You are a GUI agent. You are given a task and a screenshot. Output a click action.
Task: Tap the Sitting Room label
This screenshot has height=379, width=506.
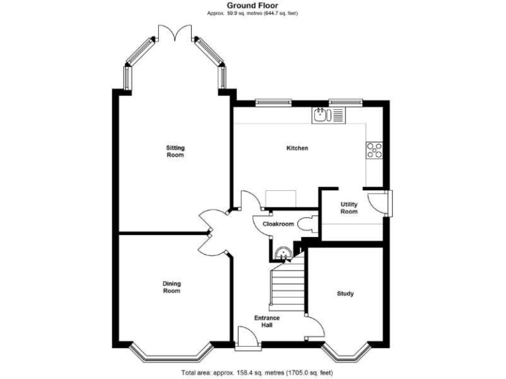[175, 151]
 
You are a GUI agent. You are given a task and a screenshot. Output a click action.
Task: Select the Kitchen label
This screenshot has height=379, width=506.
[296, 148]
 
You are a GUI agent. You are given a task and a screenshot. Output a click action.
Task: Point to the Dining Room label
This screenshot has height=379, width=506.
[171, 287]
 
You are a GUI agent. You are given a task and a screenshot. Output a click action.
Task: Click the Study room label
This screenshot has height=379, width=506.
[345, 293]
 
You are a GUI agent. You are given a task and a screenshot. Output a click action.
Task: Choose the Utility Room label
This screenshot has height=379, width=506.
[349, 208]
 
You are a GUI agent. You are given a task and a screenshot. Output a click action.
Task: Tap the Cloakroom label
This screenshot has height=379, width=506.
[278, 224]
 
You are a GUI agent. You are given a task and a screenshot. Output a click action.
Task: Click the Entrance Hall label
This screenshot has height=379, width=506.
[267, 322]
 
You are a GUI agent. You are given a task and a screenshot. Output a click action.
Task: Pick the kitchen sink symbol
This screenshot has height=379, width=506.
[321, 116]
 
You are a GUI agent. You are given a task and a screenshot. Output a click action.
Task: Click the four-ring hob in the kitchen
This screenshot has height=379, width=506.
[374, 151]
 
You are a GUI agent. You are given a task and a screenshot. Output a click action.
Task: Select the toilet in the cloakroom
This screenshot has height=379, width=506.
[306, 224]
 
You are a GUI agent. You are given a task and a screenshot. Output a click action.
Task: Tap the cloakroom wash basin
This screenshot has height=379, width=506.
[283, 252]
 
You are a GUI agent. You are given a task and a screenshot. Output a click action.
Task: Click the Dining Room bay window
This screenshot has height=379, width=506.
[167, 356]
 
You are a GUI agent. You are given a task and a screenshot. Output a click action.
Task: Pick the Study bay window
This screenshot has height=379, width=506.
[346, 356]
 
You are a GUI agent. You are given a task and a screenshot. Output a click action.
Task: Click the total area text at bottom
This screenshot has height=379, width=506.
[256, 372]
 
